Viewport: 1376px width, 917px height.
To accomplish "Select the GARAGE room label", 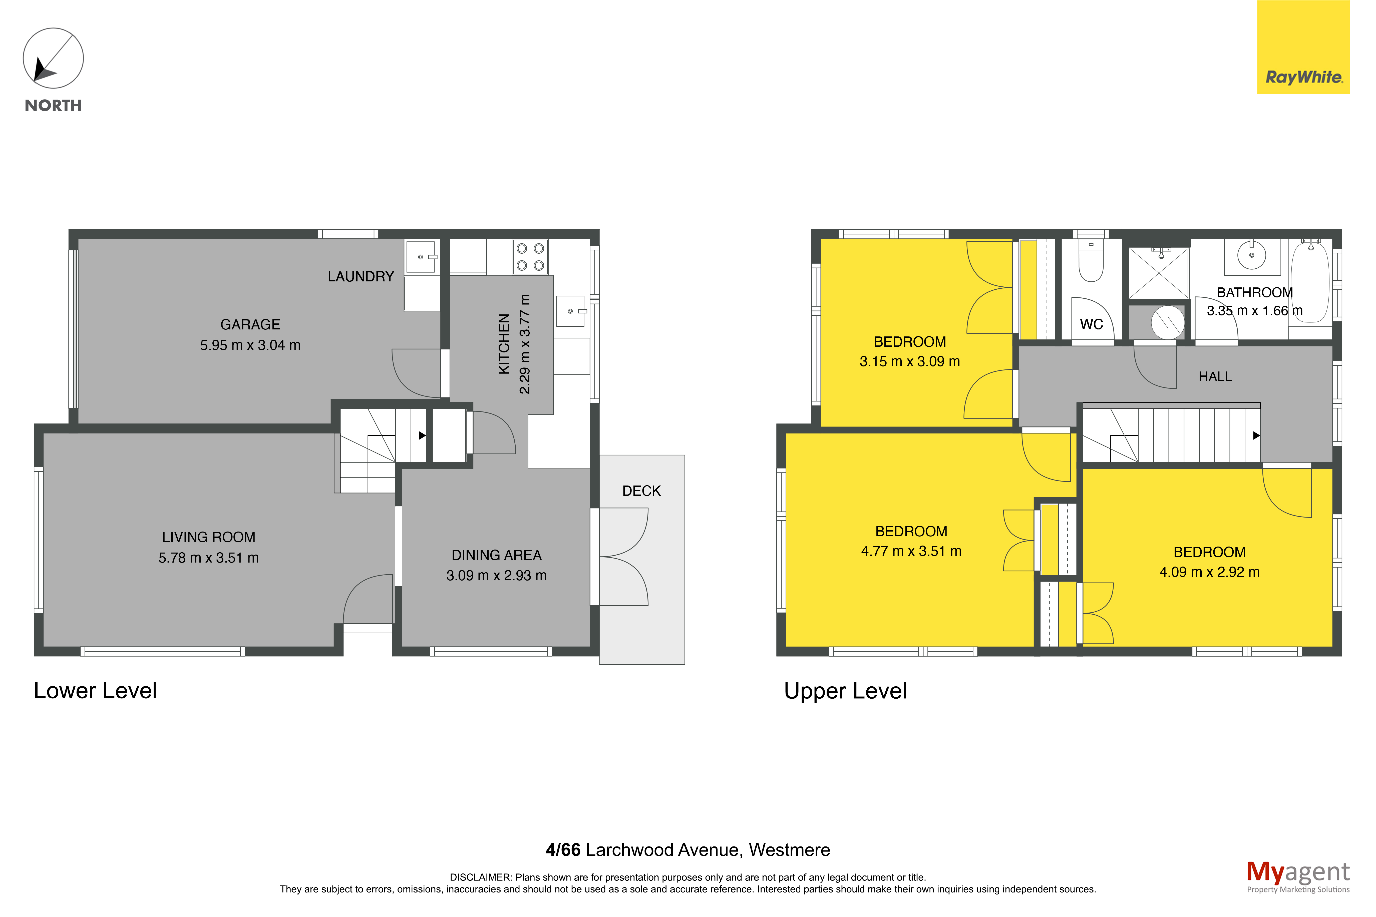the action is click(x=250, y=325).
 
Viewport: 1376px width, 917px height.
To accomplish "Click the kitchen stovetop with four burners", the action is click(x=530, y=257).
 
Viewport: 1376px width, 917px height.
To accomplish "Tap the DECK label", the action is click(x=641, y=491).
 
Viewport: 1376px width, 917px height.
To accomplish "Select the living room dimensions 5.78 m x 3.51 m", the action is click(x=209, y=558).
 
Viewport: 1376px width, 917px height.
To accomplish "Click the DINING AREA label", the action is click(x=496, y=555).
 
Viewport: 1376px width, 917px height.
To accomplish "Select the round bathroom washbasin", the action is click(x=1251, y=256).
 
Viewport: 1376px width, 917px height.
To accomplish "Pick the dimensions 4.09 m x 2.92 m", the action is click(x=1209, y=572).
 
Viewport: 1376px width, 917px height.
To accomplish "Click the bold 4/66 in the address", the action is click(x=563, y=850).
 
